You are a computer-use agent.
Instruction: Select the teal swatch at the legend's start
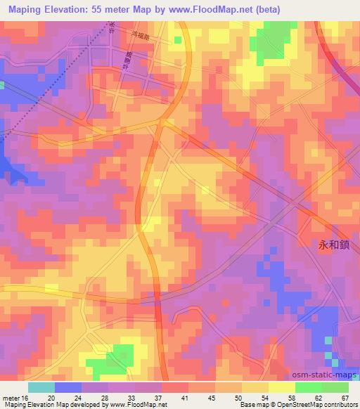[41, 387]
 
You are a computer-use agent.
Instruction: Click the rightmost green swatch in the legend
[335, 387]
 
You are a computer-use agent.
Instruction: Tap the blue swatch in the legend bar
[68, 387]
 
